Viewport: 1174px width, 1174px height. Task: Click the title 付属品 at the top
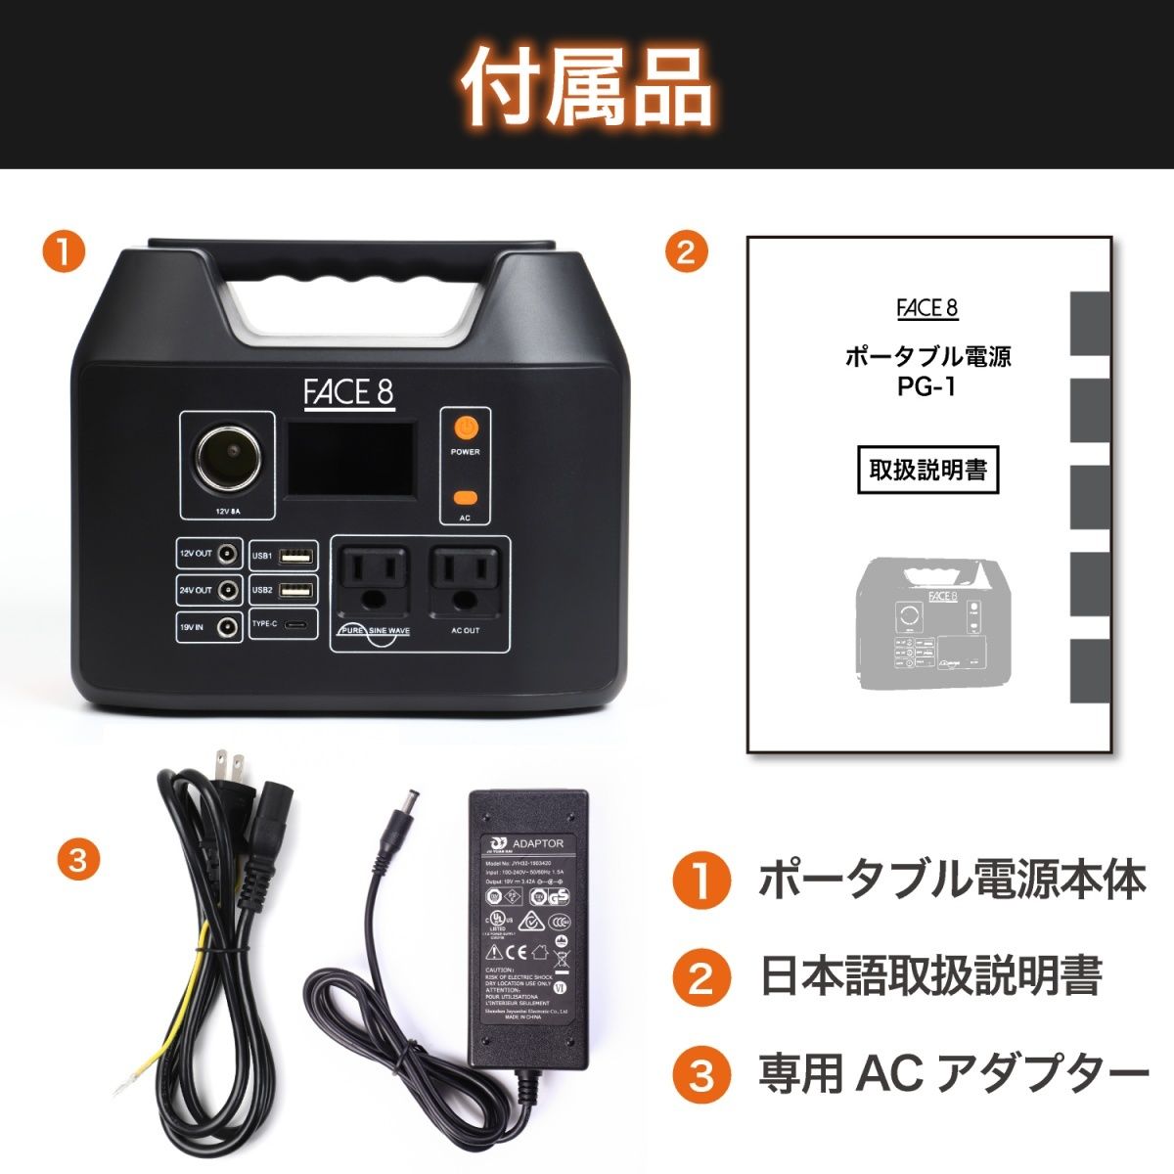point(586,86)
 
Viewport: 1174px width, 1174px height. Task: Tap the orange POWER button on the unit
point(466,428)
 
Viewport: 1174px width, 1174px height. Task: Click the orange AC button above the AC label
point(466,497)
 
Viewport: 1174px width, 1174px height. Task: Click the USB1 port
point(295,557)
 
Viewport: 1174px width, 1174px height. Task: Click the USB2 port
point(295,590)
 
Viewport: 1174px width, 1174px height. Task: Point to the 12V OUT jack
point(227,555)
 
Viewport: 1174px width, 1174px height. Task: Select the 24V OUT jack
point(227,591)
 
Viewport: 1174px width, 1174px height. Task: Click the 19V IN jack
point(227,627)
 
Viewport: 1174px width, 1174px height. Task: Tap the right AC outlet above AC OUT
point(465,578)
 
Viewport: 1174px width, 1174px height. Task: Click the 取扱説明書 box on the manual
point(927,471)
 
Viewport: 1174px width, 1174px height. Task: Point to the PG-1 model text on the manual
point(926,386)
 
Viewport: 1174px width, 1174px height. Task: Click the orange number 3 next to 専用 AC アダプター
point(701,1075)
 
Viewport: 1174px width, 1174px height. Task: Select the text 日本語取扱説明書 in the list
point(930,975)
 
